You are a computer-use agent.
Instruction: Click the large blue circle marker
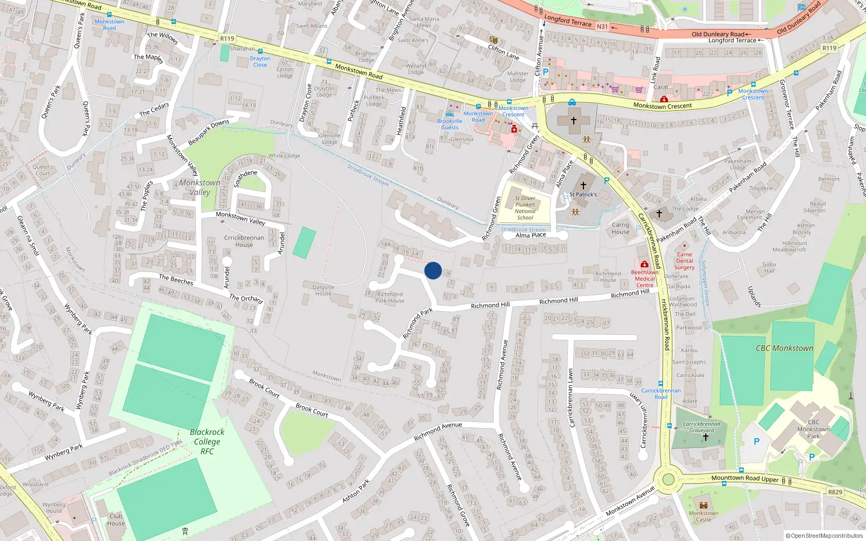pos(433,270)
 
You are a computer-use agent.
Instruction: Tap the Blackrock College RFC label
pos(207,441)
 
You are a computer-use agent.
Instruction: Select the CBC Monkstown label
pos(784,348)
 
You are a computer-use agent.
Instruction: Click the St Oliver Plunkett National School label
pos(525,208)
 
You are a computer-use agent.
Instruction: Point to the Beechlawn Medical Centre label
pos(645,279)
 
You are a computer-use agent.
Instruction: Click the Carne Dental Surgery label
pos(684,261)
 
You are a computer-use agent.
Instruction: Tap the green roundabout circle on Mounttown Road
pos(668,479)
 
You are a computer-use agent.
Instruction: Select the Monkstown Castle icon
pos(704,505)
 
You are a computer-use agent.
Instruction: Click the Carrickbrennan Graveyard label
pos(701,427)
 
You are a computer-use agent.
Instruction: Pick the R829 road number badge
pos(835,492)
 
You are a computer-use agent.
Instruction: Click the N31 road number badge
pos(602,27)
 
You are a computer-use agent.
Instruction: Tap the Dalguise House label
pos(323,291)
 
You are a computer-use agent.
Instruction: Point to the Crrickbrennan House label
pos(244,241)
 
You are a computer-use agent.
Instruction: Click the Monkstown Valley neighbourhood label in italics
pos(200,187)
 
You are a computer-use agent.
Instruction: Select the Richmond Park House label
pos(390,298)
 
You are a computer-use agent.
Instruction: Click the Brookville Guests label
pos(450,124)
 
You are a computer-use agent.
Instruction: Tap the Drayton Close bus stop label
pos(260,62)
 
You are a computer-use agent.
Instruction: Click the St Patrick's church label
pos(583,194)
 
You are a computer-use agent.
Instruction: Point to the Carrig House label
pos(621,228)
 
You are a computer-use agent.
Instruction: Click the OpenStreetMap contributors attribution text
pos(824,536)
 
